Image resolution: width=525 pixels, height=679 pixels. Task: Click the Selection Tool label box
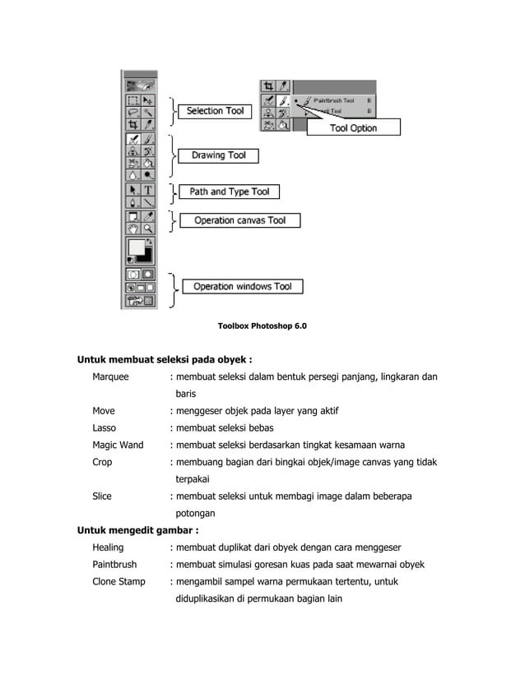pos(216,111)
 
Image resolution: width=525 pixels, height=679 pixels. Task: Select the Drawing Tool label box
pos(218,155)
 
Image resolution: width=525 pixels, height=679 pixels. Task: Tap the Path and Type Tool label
pos(230,192)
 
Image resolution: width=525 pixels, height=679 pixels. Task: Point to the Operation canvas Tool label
pos(239,220)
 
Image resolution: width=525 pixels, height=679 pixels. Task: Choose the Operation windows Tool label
pos(243,287)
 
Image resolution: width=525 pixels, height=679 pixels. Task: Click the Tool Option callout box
pos(353,127)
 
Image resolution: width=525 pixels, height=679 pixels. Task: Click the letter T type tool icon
pos(148,188)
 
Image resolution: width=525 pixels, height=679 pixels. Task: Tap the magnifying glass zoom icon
pos(148,229)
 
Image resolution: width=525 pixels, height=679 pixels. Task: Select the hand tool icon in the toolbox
pos(132,229)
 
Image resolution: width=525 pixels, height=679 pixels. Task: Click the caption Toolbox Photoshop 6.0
pos(262,326)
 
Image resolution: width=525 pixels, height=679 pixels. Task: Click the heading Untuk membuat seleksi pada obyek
pos(164,359)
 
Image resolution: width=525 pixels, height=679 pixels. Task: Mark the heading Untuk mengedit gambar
pos(138,530)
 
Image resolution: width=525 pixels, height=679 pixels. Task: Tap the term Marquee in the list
pos(110,376)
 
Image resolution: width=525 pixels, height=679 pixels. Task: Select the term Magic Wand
pos(118,445)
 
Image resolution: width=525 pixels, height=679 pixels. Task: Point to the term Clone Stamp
pos(118,581)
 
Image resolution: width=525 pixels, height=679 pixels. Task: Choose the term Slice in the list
pos(102,496)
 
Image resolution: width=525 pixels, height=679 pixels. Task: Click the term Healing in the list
pos(108,547)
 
